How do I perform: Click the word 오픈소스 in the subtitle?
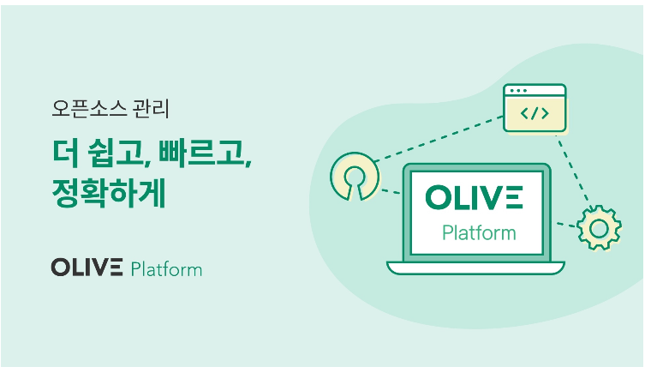tap(89, 109)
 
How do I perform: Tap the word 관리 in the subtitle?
tap(151, 109)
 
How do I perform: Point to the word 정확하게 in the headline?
tap(109, 192)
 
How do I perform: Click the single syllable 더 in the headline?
tap(66, 153)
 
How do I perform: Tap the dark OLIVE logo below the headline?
tap(87, 268)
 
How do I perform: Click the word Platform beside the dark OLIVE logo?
tap(166, 269)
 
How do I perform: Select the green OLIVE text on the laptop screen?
tap(474, 197)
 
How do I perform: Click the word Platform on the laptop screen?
tap(479, 232)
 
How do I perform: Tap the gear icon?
tap(599, 228)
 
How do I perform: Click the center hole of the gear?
tap(599, 228)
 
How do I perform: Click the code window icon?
tap(535, 108)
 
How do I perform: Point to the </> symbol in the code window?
tap(535, 113)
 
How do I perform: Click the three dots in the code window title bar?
tap(518, 91)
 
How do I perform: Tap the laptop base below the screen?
tap(475, 268)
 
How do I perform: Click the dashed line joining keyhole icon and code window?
tap(439, 139)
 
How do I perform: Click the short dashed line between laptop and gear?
tap(567, 225)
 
